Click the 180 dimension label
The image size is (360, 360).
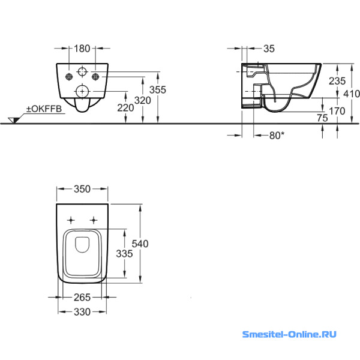(82, 48)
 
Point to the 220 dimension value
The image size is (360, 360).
(125, 109)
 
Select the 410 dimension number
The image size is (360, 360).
(352, 93)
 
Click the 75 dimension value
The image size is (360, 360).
(322, 118)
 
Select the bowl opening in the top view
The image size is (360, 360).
(83, 245)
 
